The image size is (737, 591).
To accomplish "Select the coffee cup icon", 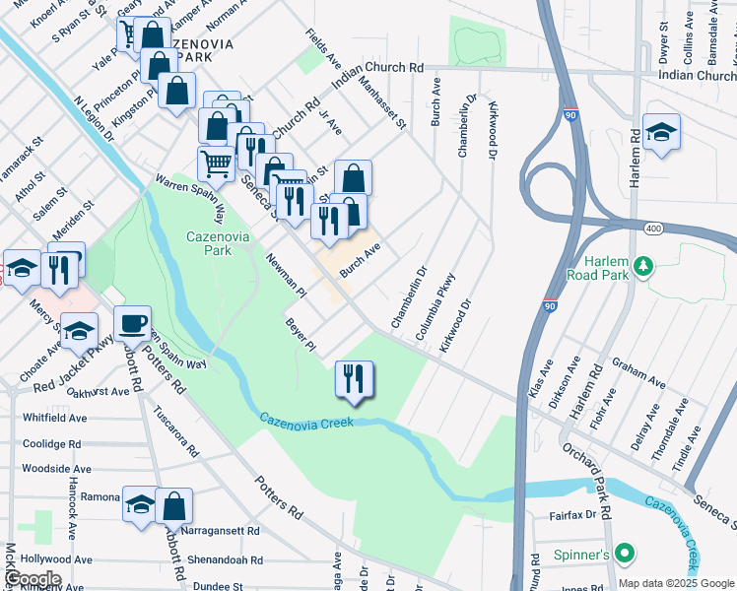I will coord(131,323).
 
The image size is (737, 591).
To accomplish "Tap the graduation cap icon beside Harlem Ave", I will coord(661,132).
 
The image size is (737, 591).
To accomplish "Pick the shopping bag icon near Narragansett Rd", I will coord(173,506).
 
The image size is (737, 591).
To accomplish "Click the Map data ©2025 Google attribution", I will coord(676,583).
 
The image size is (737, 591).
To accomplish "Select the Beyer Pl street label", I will coord(300,335).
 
